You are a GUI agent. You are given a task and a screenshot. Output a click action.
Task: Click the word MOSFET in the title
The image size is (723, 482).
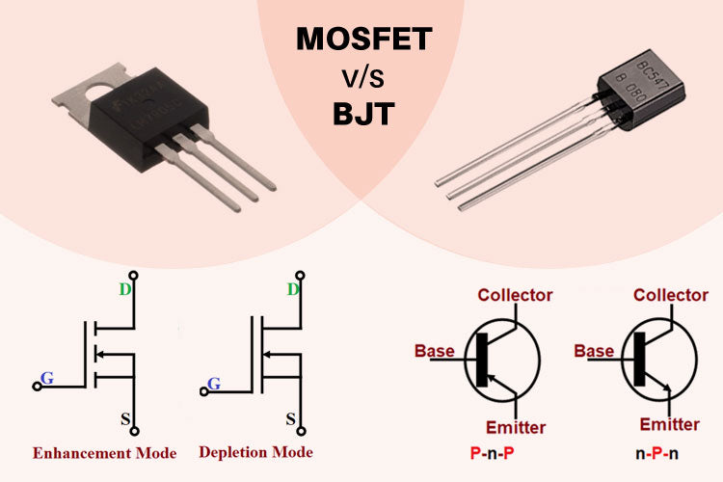click(362, 40)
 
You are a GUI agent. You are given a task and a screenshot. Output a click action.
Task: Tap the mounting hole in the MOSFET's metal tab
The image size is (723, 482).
click(94, 94)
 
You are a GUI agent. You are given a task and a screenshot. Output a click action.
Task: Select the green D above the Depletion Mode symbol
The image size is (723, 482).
click(293, 289)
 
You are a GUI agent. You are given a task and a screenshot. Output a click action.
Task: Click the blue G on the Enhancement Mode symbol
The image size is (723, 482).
click(46, 377)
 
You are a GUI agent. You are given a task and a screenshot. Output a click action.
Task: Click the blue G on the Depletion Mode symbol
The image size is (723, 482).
click(214, 384)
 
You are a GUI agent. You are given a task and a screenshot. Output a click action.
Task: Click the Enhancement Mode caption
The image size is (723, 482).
click(104, 452)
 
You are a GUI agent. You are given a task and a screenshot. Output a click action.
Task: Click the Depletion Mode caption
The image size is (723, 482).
click(255, 451)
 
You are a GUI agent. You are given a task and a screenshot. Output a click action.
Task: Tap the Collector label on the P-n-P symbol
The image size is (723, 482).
click(515, 295)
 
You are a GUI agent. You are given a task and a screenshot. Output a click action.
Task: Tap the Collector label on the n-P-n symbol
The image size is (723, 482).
click(671, 295)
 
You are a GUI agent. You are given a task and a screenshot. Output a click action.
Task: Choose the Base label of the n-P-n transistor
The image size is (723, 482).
click(594, 351)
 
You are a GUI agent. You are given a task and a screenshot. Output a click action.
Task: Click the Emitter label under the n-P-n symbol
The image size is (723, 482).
click(669, 424)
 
